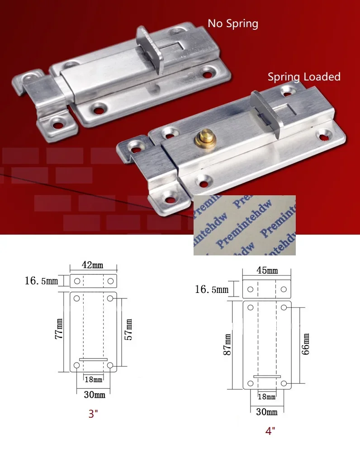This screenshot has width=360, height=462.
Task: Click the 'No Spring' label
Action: pos(233,23)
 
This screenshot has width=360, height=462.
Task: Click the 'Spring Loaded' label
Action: pos(304,77)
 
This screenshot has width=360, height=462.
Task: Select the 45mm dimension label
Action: pos(267,271)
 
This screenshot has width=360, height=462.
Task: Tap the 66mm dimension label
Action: pos(306,345)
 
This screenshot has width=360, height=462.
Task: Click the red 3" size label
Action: pos(93,414)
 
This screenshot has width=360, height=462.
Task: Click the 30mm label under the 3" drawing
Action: pos(95,395)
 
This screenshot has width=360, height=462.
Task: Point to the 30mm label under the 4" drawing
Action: pos(266,412)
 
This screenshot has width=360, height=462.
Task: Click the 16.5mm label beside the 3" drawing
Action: pos(41,281)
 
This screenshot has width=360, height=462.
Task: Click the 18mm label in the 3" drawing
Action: pos(94,380)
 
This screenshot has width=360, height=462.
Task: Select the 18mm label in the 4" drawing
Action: pos(266,396)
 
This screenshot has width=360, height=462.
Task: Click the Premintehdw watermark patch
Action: pos(244,225)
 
